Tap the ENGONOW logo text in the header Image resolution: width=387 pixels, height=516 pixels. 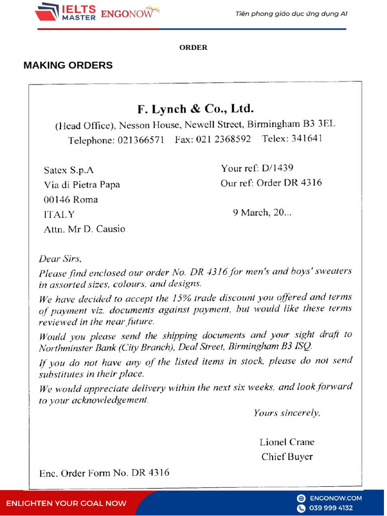tap(126, 14)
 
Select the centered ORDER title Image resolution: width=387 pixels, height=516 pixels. tap(193, 47)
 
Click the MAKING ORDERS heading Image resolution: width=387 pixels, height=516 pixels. tap(68, 66)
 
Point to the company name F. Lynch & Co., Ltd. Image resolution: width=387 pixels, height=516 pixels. tap(196, 109)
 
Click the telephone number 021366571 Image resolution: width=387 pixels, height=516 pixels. tap(141, 141)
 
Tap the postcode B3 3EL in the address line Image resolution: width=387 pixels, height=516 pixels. tap(318, 123)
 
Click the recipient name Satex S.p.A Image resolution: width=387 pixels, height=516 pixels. tap(69, 170)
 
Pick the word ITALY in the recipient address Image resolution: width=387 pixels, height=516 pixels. tap(59, 214)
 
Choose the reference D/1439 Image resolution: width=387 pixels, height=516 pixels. tap(278, 168)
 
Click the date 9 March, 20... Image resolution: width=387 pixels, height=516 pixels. tap(262, 213)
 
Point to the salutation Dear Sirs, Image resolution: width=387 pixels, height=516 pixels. tap(60, 259)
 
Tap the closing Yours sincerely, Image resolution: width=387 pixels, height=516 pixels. tap(286, 413)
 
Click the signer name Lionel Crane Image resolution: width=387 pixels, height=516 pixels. tap(287, 442)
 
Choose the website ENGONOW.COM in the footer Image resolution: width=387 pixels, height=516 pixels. tap(336, 498)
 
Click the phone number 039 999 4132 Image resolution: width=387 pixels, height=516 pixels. tap(331, 508)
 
